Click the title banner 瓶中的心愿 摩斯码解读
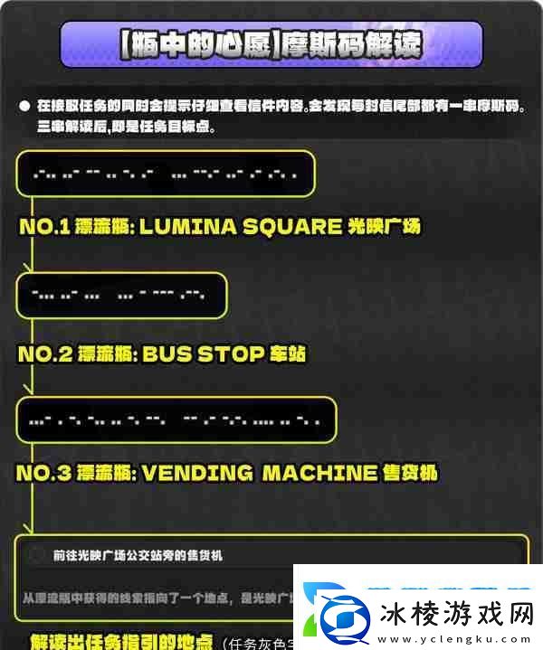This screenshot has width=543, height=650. coord(271,44)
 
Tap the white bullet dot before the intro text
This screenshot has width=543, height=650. coord(24,105)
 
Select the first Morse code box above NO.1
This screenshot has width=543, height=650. coord(166,174)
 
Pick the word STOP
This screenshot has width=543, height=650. coord(226,353)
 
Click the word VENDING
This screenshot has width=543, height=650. coord(194,472)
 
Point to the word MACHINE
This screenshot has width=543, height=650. coord(319,472)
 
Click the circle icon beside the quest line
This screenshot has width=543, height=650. coord(36,555)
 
